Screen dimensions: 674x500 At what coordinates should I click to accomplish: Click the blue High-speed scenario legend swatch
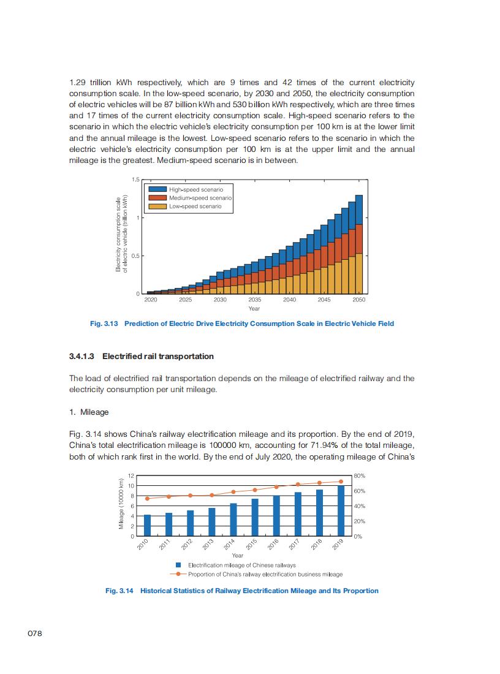coord(157,190)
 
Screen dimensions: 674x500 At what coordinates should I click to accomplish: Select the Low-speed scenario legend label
coord(192,206)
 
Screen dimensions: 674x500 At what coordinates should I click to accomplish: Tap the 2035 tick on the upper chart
coord(255,300)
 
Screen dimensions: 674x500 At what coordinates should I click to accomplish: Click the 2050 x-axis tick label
coord(359,300)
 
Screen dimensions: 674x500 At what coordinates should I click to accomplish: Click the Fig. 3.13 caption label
coord(104,324)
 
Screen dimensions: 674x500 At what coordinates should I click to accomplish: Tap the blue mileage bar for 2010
coord(147,526)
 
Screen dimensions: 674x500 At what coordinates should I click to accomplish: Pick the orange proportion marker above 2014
coord(233,492)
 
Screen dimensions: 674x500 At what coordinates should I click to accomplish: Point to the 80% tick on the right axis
coord(360,475)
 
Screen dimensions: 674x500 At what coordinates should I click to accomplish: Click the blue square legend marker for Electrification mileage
coord(178,565)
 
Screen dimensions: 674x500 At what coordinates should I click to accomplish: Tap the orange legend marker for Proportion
coord(178,574)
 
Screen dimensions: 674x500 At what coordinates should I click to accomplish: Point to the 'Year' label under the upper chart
coord(254,309)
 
